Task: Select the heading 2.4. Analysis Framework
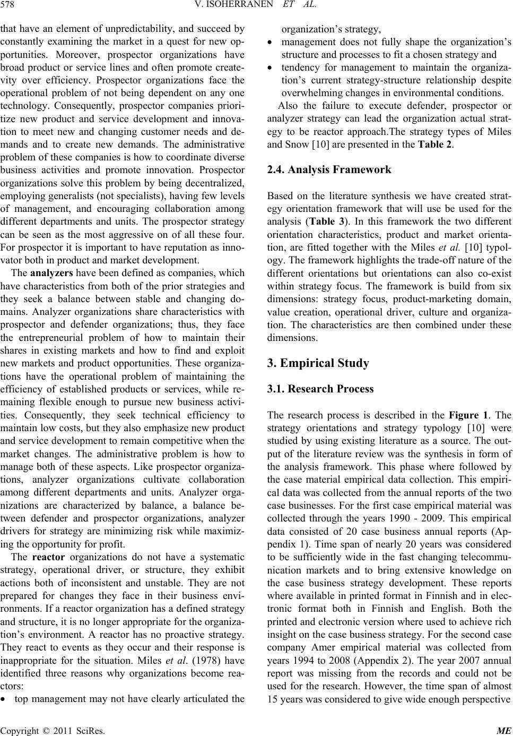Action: click(x=329, y=170)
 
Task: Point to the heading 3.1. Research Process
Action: click(x=320, y=389)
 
